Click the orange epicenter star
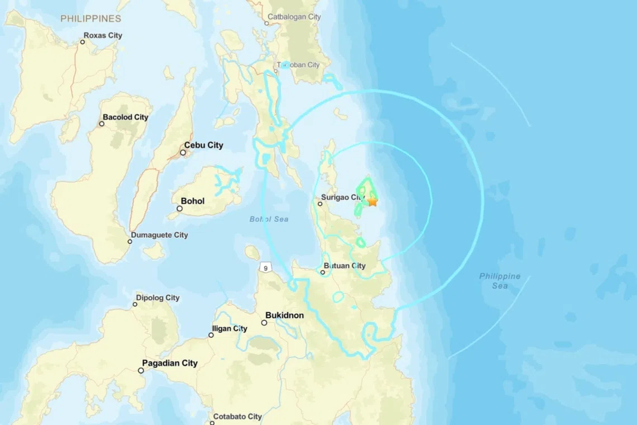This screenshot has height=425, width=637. click(372, 201)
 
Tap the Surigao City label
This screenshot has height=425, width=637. click(343, 197)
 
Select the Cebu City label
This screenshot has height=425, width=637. click(203, 145)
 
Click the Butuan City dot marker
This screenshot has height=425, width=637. click(322, 272)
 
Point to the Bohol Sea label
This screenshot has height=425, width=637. click(269, 219)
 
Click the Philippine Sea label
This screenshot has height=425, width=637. click(500, 281)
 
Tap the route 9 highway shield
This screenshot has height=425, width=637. click(265, 268)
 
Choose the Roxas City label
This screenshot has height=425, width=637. click(103, 35)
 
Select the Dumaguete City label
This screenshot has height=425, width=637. click(159, 235)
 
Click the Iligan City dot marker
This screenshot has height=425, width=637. click(211, 335)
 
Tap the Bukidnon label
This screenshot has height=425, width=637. click(284, 315)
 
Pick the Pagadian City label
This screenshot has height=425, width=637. click(170, 363)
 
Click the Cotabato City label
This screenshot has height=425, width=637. click(237, 417)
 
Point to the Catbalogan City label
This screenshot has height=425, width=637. click(294, 17)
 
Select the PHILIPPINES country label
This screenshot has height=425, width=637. click(91, 18)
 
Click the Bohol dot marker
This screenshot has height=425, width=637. click(179, 209)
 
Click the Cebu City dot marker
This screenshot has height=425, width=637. click(183, 152)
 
